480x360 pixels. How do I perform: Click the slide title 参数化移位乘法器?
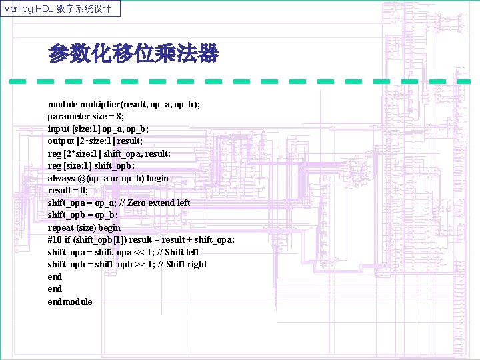tap(133, 54)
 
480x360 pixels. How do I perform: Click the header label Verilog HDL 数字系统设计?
tap(61, 9)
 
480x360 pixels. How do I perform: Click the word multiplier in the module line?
tap(100, 105)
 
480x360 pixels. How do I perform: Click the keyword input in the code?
tap(58, 129)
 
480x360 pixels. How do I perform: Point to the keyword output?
tap(61, 141)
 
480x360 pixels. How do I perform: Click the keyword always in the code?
tap(61, 178)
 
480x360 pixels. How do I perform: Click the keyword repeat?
tap(60, 227)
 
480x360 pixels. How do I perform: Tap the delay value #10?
tap(54, 239)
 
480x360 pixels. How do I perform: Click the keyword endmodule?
tap(70, 301)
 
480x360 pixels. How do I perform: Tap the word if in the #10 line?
tap(67, 239)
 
